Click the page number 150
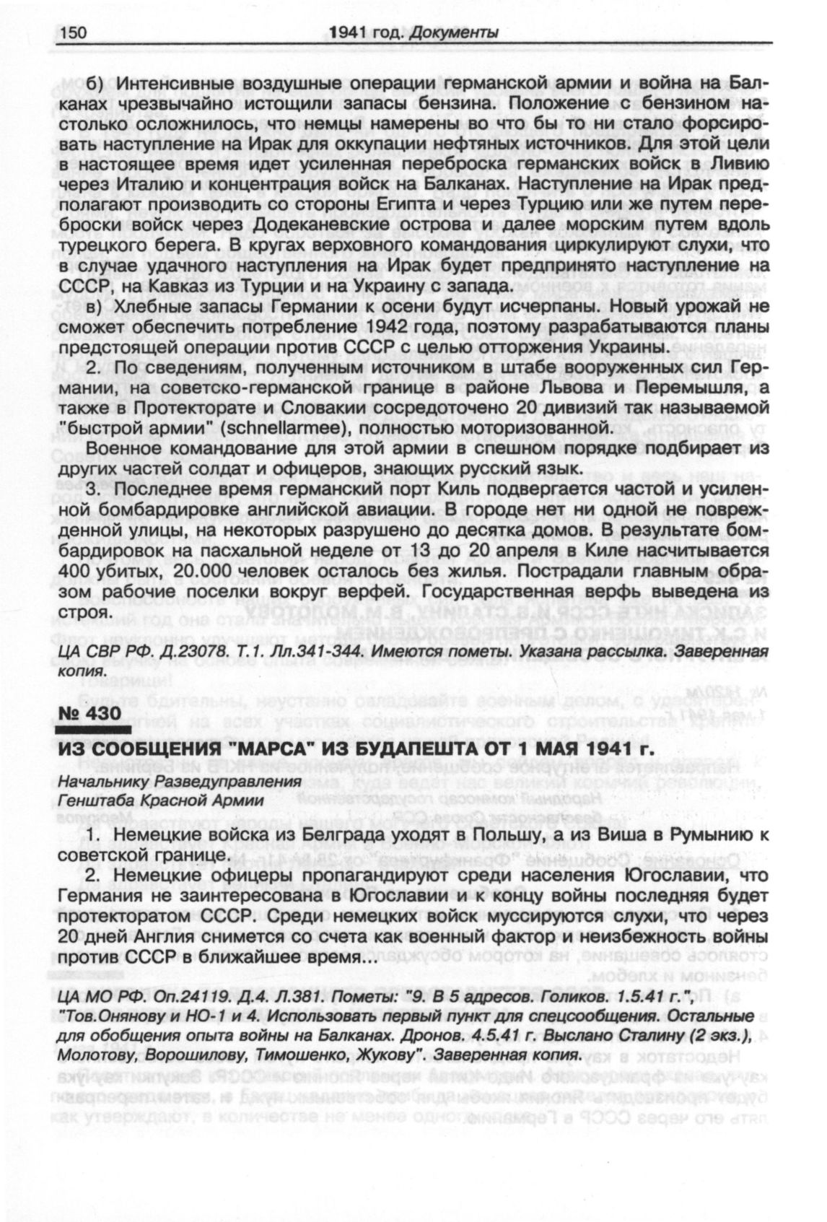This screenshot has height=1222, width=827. click(73, 32)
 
